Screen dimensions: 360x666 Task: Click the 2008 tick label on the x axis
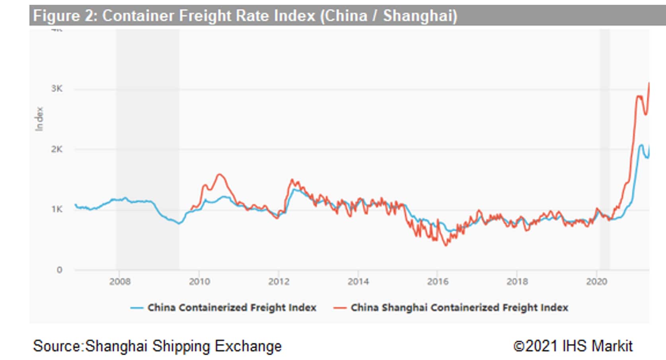click(120, 282)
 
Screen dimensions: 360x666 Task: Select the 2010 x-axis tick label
click(199, 282)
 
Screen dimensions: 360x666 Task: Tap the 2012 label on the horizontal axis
click(278, 282)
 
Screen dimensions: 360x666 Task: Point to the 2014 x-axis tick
click(358, 282)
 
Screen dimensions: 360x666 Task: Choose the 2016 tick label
click(438, 282)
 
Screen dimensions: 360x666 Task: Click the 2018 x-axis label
click(517, 282)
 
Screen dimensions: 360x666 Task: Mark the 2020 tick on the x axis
click(596, 282)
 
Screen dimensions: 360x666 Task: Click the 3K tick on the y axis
click(57, 89)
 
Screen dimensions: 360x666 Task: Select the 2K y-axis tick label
click(57, 149)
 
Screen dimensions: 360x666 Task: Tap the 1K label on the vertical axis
click(57, 209)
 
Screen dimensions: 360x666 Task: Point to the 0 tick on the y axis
click(59, 270)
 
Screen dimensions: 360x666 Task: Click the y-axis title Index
click(39, 119)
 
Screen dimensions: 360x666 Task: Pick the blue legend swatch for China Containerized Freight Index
click(136, 308)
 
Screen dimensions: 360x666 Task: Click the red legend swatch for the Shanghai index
click(340, 308)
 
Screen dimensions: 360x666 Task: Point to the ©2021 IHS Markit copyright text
click(573, 346)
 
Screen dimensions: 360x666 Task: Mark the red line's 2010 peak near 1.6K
click(220, 174)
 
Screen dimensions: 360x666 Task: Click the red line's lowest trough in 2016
click(446, 245)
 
